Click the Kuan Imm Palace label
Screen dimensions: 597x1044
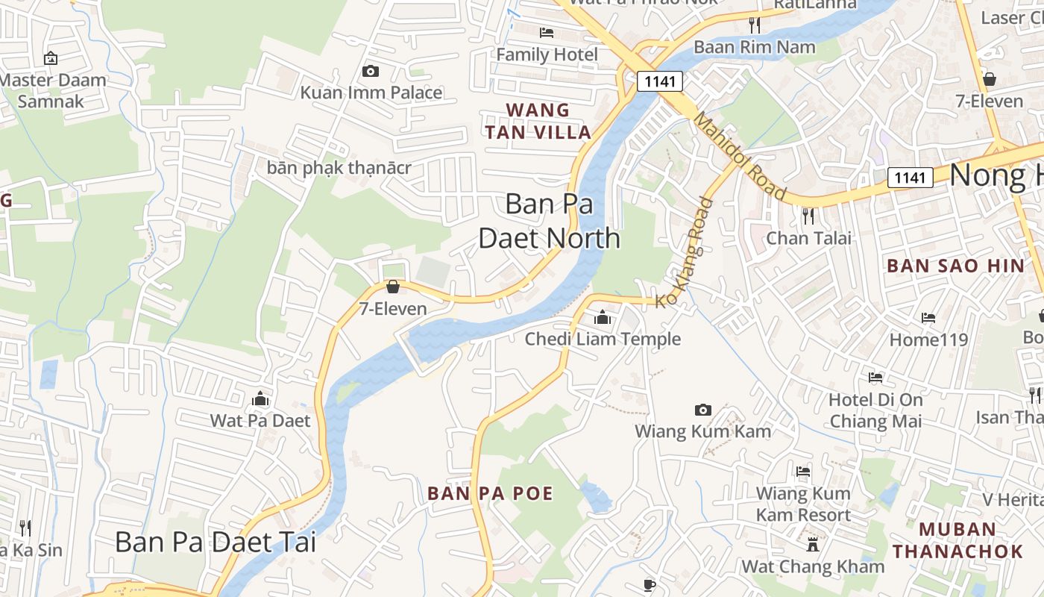tap(371, 93)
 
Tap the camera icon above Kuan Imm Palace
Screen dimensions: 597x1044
tap(370, 72)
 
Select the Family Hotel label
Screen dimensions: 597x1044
tap(547, 54)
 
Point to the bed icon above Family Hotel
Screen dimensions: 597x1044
tap(547, 33)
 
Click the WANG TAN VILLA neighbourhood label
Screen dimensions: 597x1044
tap(538, 121)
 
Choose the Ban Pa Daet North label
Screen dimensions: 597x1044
tap(550, 220)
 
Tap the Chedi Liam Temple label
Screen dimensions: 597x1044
tap(603, 339)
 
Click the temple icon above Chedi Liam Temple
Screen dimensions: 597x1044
tap(603, 318)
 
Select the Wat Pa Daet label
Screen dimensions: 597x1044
tap(260, 420)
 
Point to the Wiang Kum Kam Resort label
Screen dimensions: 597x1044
tap(803, 504)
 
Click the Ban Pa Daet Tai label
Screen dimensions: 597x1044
tap(216, 542)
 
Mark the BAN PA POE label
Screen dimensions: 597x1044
tap(490, 493)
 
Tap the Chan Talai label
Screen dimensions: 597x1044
tap(809, 238)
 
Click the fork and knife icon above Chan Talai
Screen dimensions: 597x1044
tap(808, 216)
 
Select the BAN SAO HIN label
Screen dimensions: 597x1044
tap(955, 266)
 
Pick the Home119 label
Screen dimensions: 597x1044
tap(928, 340)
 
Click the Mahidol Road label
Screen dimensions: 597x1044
tap(739, 155)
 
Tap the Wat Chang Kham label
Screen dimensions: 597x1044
tap(813, 566)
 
